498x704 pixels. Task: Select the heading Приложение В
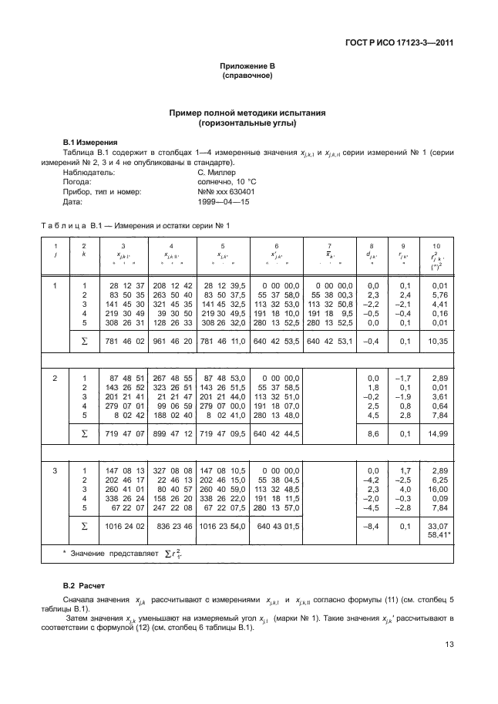248,67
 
